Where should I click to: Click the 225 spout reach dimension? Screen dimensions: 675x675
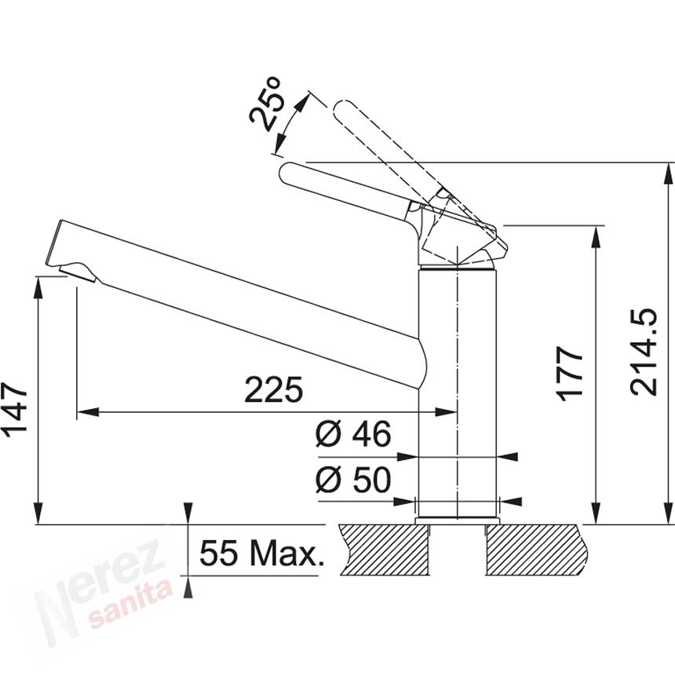coord(273,389)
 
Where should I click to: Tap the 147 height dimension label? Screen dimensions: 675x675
coord(16,410)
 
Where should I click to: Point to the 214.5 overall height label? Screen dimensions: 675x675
coord(643,351)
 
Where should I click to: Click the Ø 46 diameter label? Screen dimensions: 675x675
coord(353,434)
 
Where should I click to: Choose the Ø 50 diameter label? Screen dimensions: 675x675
coord(353,480)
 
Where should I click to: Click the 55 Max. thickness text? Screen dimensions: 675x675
coord(261,553)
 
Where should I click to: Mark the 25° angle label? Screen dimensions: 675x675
coord(268,104)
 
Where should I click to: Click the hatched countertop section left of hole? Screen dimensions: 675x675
coord(385,549)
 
